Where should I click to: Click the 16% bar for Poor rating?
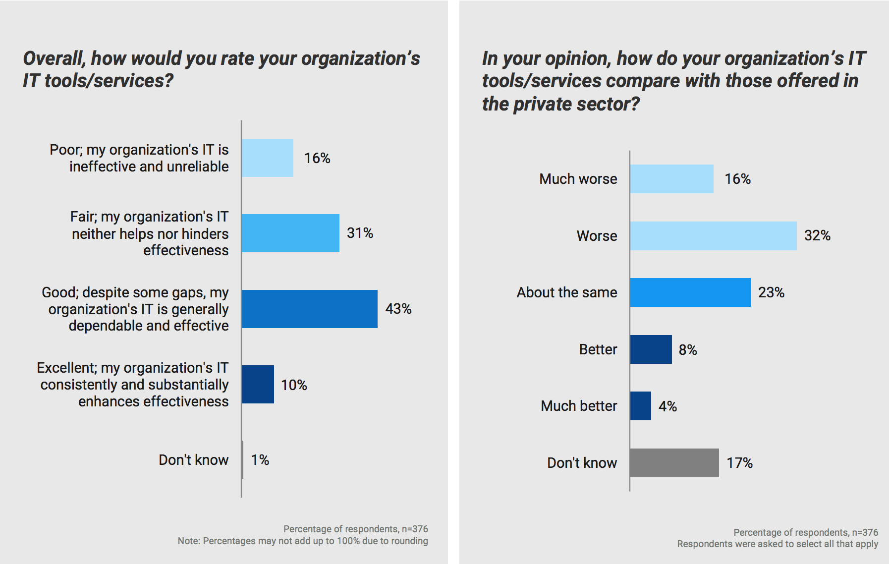click(268, 158)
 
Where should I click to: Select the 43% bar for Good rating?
click(310, 309)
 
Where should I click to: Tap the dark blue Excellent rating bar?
click(258, 384)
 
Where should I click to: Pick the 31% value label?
click(360, 233)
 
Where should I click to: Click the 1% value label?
click(260, 460)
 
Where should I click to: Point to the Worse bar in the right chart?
click(713, 236)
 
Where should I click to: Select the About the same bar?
click(690, 292)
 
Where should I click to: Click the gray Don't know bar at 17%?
click(674, 463)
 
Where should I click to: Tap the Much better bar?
click(641, 406)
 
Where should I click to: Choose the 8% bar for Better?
click(651, 349)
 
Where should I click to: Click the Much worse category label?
click(578, 179)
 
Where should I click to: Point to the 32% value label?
click(817, 235)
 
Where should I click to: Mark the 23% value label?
click(771, 292)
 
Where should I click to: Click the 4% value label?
click(667, 406)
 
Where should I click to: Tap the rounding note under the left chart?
click(303, 541)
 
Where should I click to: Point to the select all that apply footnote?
click(778, 544)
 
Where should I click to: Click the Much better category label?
click(579, 406)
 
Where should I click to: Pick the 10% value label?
click(294, 385)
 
